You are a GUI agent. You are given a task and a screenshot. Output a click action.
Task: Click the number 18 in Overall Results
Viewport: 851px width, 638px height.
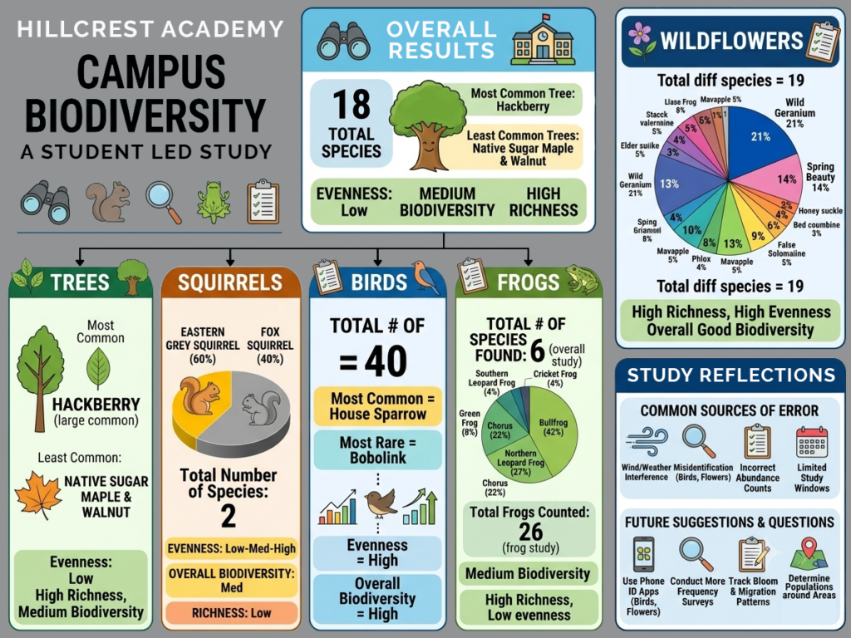point(352,104)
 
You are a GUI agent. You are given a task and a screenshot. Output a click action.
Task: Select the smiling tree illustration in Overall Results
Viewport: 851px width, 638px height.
point(428,125)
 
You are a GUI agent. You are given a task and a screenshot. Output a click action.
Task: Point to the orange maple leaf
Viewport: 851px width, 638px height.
point(37,495)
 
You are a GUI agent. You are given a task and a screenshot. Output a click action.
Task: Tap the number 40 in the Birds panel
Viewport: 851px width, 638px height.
point(386,361)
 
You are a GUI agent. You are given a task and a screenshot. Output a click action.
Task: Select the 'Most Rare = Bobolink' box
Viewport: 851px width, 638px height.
point(378,450)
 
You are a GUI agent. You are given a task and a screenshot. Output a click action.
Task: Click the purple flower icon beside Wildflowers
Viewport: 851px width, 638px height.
point(640,42)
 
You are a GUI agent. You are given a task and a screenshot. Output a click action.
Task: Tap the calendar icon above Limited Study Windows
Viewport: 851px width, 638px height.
point(811,442)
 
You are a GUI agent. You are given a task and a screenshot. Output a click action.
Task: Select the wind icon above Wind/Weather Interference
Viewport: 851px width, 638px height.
point(647,443)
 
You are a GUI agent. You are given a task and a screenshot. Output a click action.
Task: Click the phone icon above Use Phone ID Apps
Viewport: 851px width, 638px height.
point(644,554)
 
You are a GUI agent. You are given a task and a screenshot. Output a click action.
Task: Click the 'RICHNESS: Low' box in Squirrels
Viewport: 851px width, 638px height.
point(232,613)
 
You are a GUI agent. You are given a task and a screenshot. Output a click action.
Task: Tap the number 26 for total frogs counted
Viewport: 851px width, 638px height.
point(530,531)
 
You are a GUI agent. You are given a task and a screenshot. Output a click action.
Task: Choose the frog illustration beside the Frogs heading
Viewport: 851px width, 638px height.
point(583,279)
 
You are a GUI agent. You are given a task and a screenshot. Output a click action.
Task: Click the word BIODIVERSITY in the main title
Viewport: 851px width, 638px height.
point(145,115)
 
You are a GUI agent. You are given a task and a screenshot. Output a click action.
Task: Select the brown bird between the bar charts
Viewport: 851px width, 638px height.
point(380,503)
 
